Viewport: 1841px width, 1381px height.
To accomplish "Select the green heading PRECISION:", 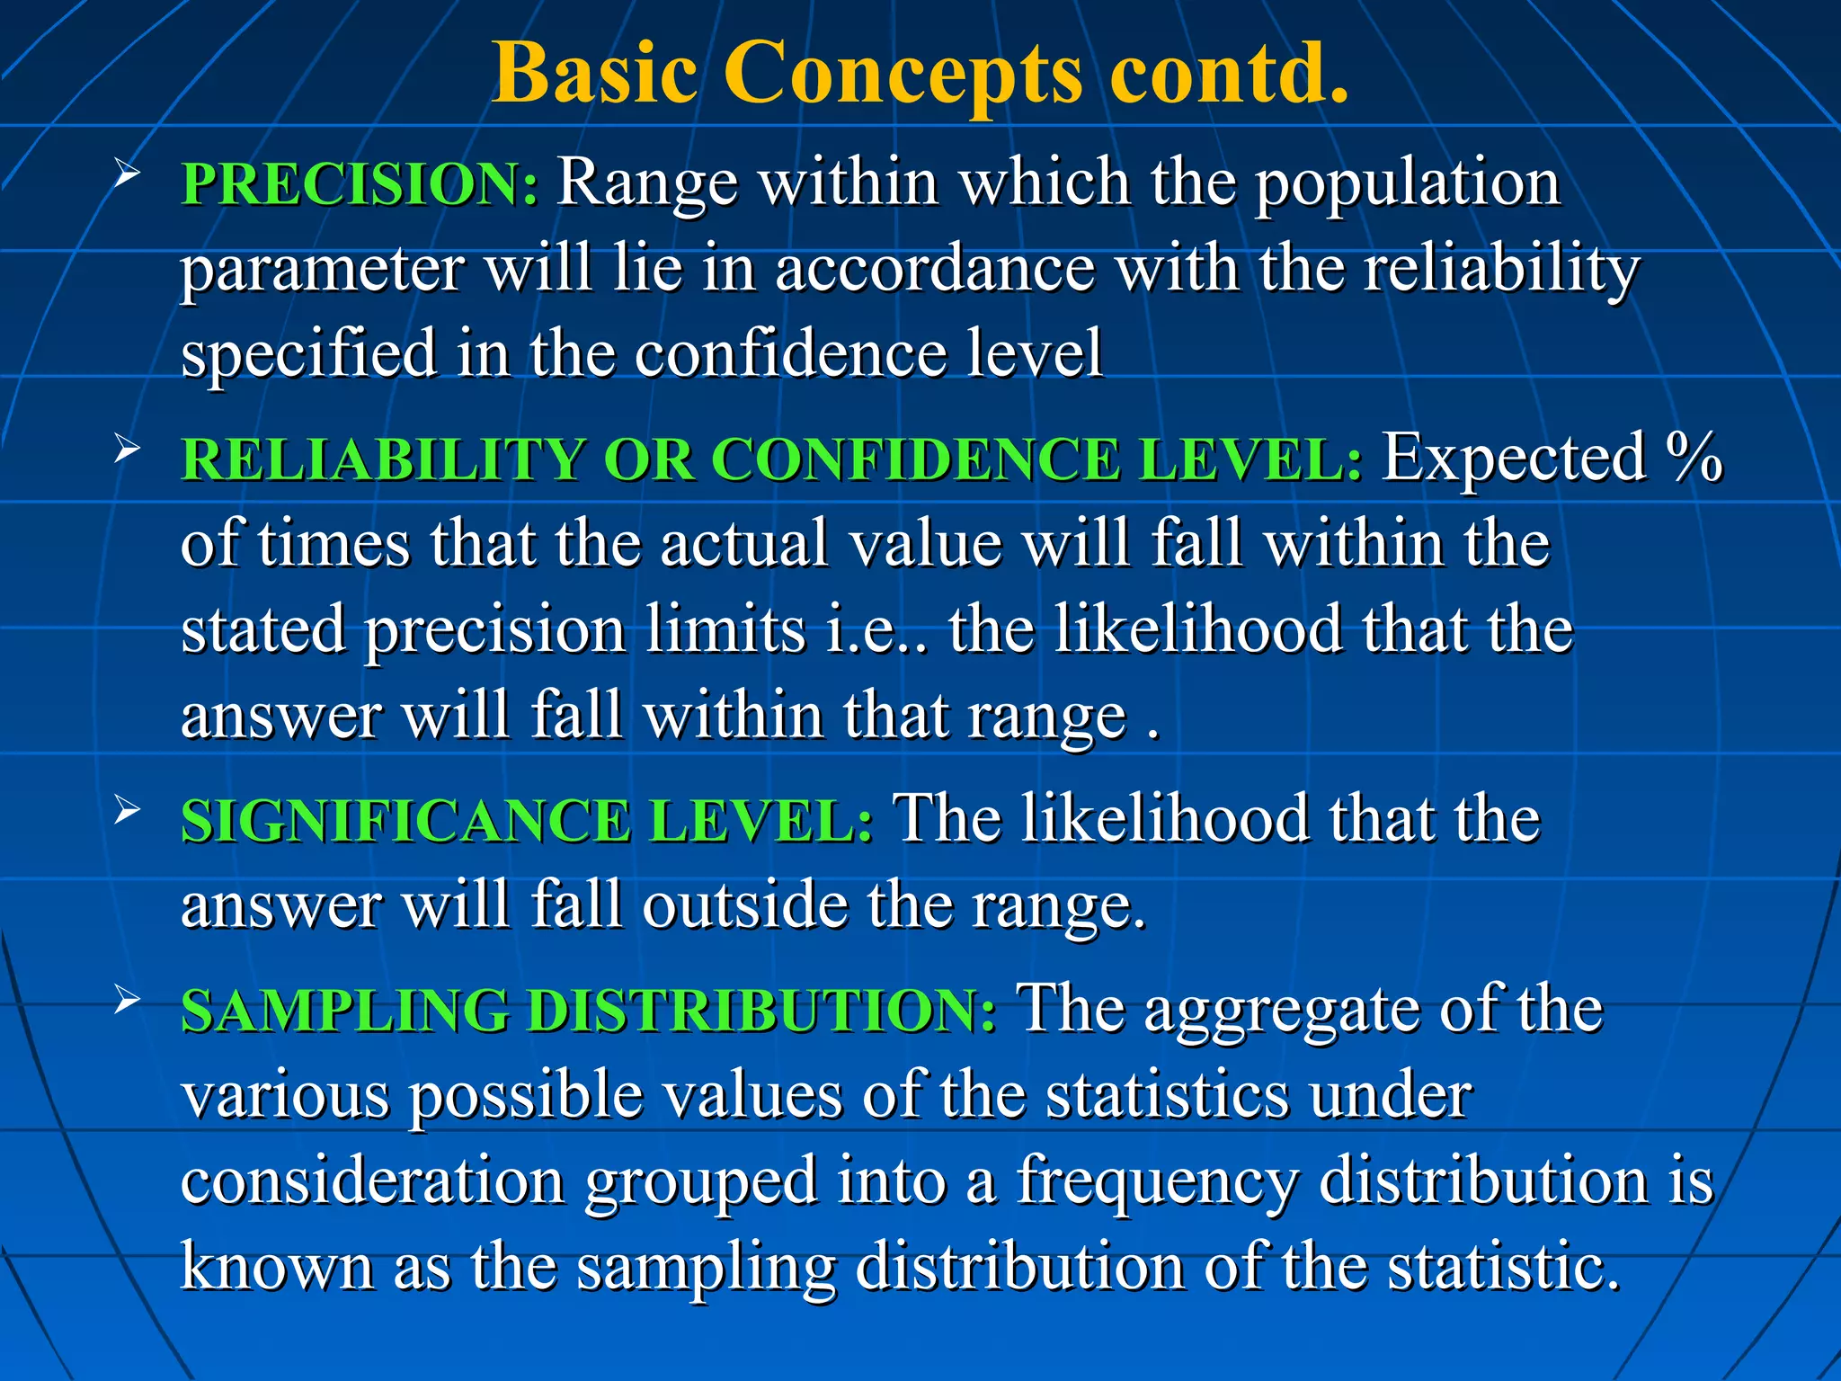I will (x=360, y=183).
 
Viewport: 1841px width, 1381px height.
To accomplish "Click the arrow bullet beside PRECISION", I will (x=127, y=173).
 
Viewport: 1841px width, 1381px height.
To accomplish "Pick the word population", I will (x=1407, y=183).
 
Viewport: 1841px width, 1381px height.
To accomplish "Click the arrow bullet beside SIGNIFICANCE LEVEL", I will (x=127, y=809).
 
